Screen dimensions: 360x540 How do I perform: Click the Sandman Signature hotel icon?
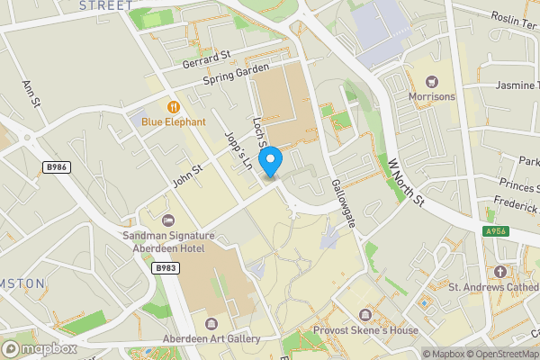click(167, 220)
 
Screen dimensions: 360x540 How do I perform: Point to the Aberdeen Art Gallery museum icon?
click(211, 323)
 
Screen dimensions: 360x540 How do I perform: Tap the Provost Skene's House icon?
click(365, 315)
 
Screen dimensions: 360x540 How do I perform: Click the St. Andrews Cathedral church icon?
click(500, 272)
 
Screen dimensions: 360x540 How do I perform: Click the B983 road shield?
click(165, 267)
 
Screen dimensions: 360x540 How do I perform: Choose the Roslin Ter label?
click(514, 17)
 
